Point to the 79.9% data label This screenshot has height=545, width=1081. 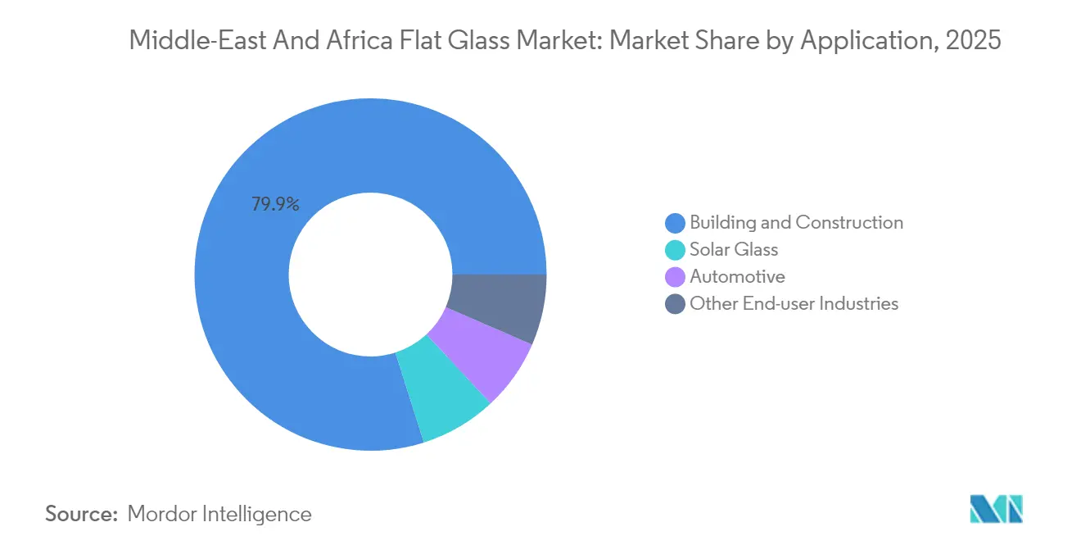tap(275, 204)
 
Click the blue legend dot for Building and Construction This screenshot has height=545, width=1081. tap(676, 222)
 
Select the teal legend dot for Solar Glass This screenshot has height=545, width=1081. tap(676, 249)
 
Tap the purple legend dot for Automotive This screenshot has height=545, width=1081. tap(676, 277)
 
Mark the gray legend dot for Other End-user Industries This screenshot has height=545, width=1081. tap(676, 304)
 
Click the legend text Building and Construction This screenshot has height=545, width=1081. tap(796, 222)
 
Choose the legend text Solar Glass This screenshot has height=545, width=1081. tap(734, 249)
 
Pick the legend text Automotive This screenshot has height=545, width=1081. tap(737, 277)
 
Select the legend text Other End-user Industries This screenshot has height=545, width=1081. tap(794, 304)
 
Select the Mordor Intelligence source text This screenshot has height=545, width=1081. tap(219, 514)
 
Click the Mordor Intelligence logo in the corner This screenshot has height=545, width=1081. tap(996, 509)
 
